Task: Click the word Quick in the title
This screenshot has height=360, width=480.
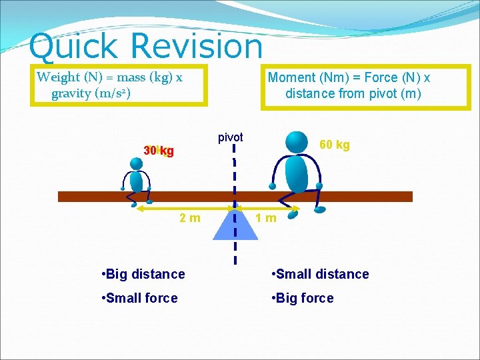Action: pos(73,47)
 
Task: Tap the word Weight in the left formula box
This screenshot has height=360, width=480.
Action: pos(58,77)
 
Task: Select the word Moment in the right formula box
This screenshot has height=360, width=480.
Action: pos(291,77)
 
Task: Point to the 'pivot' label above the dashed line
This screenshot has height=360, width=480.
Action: pos(231,137)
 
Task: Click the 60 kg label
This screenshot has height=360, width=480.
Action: pos(335,145)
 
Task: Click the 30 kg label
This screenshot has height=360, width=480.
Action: pos(159,151)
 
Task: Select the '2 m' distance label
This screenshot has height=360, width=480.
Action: pos(190,217)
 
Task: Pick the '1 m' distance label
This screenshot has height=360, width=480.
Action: pos(267,217)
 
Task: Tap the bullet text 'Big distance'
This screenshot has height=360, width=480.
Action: pos(143,274)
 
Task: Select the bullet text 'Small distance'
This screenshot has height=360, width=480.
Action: pos(320,274)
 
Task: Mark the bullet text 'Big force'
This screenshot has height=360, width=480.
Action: pos(303,298)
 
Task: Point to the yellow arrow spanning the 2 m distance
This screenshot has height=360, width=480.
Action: pos(180,209)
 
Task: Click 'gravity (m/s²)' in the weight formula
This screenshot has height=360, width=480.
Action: pos(91,93)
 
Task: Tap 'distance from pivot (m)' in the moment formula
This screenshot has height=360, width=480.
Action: pos(353,93)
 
